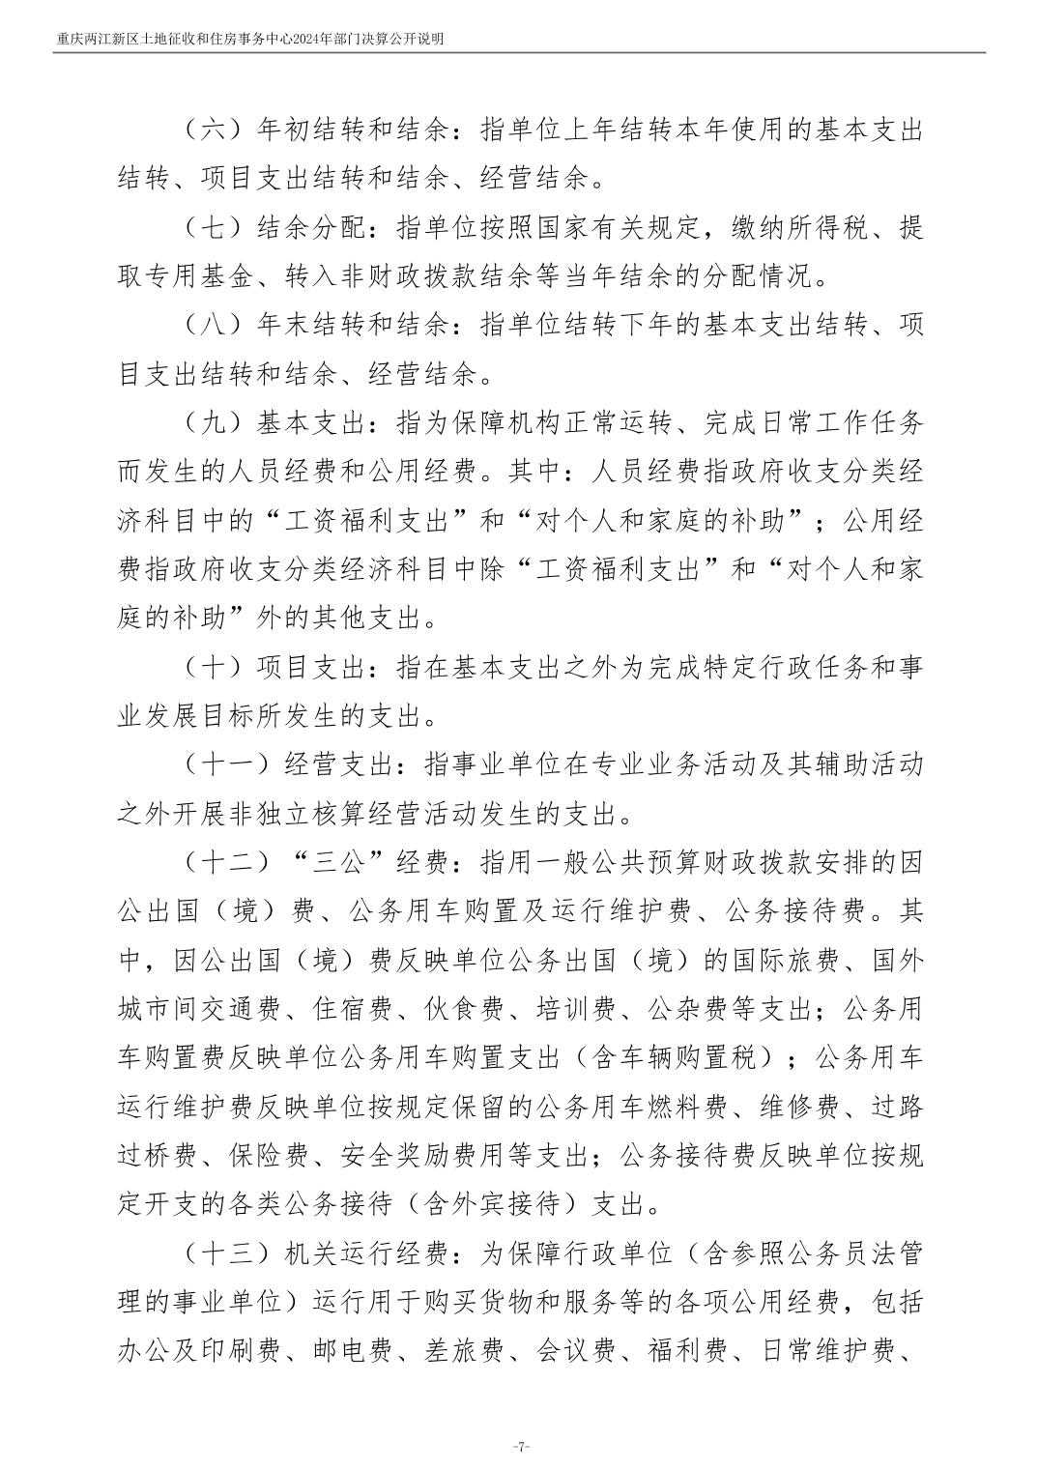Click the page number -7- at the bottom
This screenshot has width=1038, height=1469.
(x=520, y=1447)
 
